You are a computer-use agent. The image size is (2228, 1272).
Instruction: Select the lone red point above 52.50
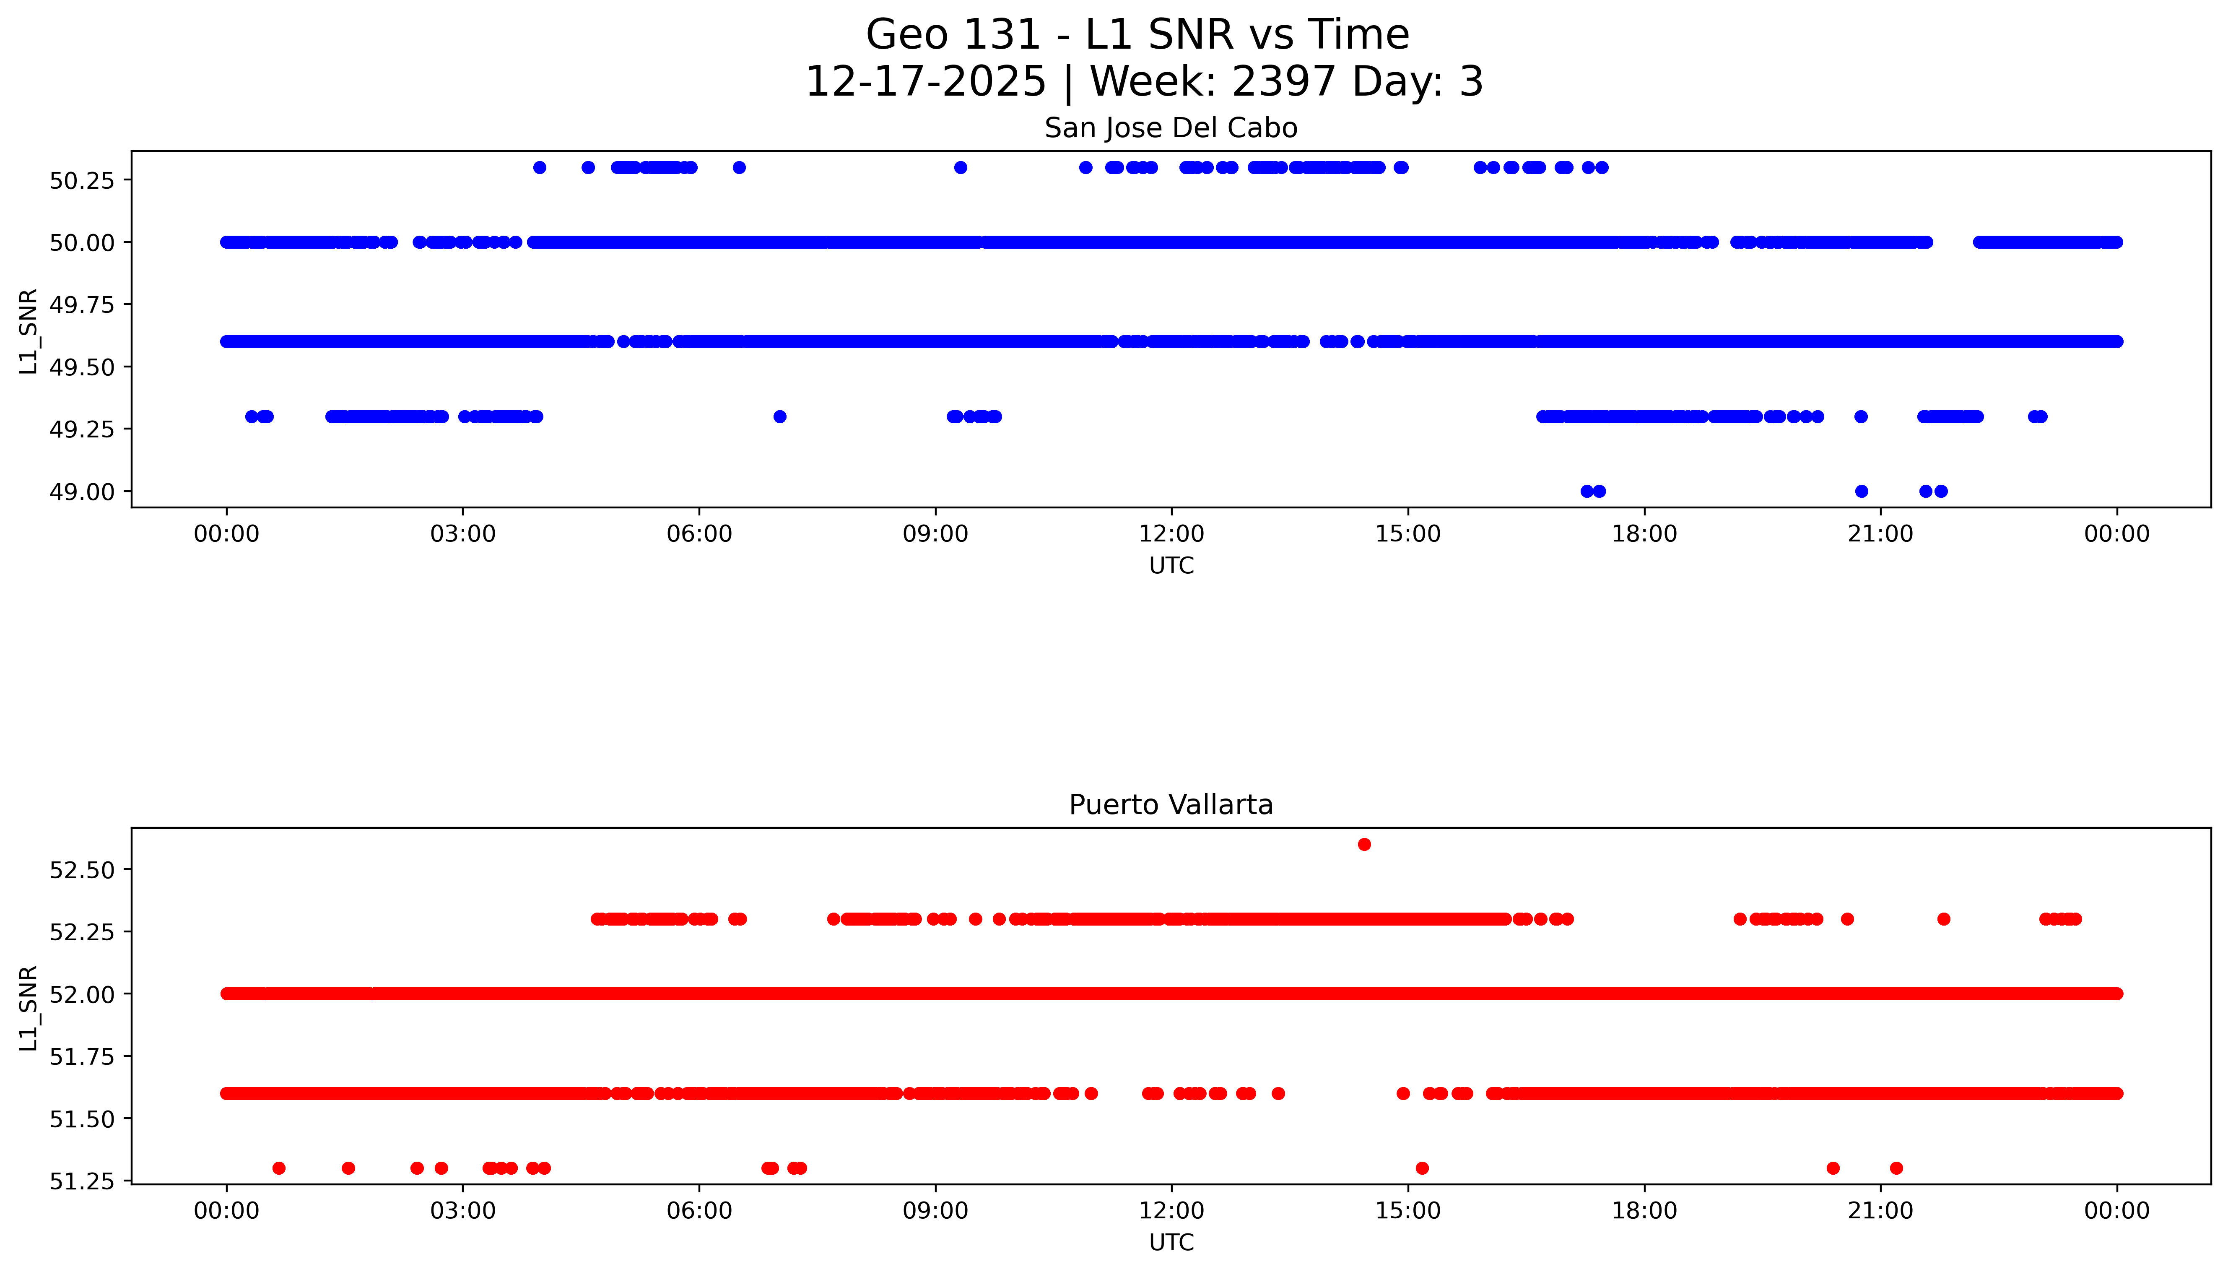point(1364,844)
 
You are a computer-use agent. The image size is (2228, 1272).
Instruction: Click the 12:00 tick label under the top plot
point(1171,534)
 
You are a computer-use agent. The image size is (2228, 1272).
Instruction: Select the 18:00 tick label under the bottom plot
point(1644,1211)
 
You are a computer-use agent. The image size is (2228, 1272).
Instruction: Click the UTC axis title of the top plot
point(1171,566)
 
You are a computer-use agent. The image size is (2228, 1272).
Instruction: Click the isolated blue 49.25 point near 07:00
point(780,417)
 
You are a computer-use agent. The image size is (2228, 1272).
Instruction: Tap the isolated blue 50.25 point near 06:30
point(739,168)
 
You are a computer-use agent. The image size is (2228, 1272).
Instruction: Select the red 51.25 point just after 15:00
point(1422,1168)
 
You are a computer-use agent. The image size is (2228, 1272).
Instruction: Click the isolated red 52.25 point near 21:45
point(1943,919)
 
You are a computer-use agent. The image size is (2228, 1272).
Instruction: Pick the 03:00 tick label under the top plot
point(463,534)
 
